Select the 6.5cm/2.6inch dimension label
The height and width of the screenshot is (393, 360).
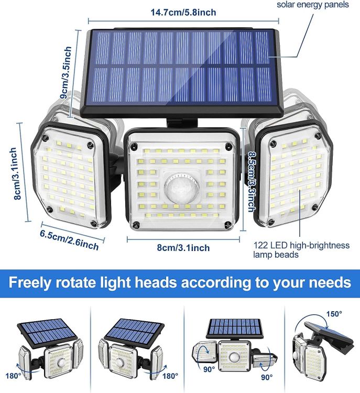click(x=69, y=238)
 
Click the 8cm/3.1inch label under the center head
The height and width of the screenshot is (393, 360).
click(x=183, y=248)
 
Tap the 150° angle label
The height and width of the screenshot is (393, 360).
click(x=334, y=314)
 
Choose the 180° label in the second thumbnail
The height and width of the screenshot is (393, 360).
click(x=170, y=376)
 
